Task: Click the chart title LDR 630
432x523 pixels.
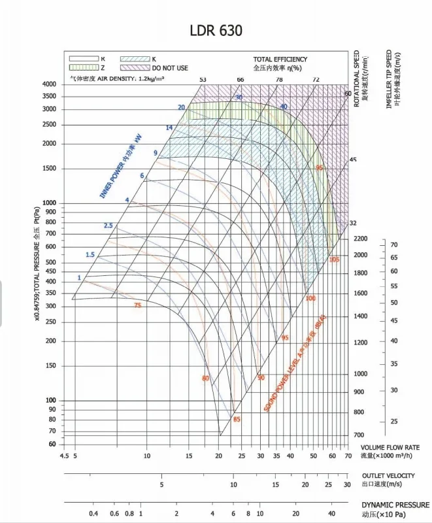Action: pos(217,31)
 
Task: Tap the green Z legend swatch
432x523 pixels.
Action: pos(83,67)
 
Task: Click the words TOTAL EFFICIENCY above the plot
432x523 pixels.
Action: pos(280,59)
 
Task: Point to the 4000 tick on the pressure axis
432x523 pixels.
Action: pos(49,84)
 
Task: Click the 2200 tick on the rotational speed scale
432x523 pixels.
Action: pos(360,239)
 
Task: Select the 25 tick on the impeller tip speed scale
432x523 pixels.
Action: pos(394,421)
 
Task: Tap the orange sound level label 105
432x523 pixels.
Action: pos(335,260)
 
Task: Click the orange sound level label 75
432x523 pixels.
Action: pos(137,305)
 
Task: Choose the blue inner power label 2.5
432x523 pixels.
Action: pos(108,226)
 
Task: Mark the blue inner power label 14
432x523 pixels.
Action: pos(169,127)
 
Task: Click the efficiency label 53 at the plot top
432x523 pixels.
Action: pos(203,79)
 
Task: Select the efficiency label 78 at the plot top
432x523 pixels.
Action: pos(279,79)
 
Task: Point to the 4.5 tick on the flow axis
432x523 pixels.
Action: pos(64,456)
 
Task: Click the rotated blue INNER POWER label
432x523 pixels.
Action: pos(120,167)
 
